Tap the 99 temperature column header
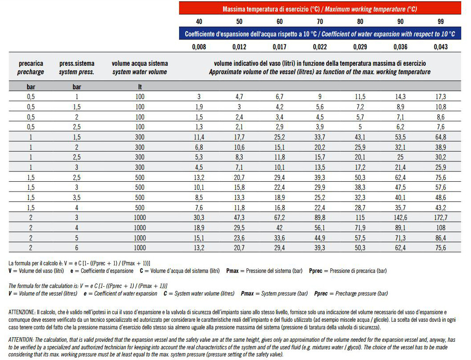click(440, 21)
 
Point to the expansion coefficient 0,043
click(440, 47)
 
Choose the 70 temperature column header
click(319, 21)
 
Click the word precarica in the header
click(31, 64)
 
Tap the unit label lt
click(140, 87)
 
